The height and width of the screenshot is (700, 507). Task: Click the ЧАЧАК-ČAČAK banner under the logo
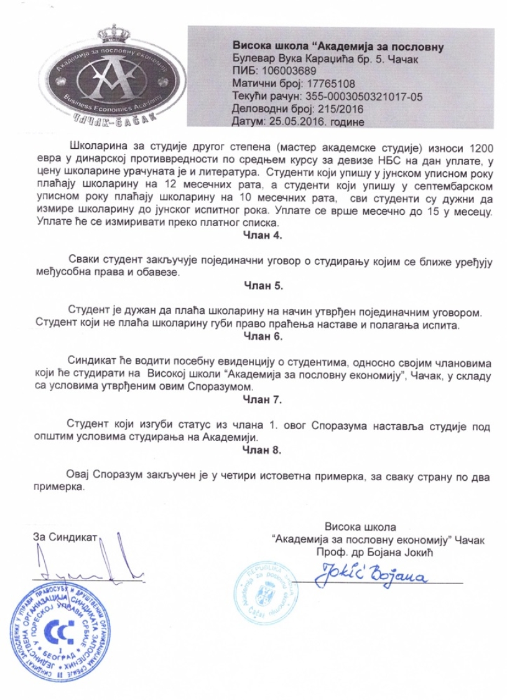coord(124,116)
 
